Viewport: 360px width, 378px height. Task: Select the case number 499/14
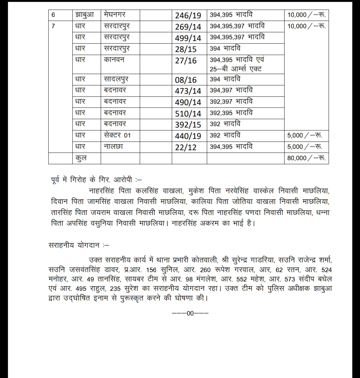pos(188,38)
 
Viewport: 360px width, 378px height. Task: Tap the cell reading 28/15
pos(186,49)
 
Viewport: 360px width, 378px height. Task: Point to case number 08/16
pos(186,80)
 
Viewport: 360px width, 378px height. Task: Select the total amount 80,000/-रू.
pos(307,158)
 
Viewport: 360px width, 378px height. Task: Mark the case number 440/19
pos(188,136)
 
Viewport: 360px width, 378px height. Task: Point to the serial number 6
pos(53,15)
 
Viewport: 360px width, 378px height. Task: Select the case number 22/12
pos(186,147)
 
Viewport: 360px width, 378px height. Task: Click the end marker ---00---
pos(190,313)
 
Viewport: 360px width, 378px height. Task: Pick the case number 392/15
pos(188,125)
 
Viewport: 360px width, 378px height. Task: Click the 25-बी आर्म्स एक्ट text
pos(236,69)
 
